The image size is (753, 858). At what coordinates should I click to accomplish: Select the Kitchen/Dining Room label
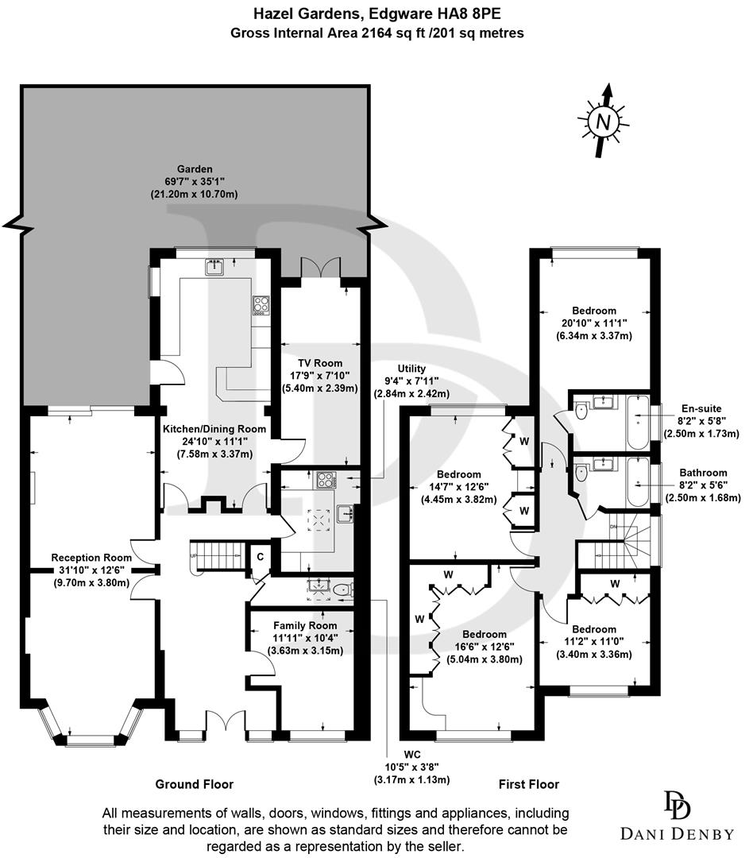point(214,429)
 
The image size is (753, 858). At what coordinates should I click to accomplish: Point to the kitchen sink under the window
point(214,268)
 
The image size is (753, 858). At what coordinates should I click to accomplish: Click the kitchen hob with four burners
point(261,305)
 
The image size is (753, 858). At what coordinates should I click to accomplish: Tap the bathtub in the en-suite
point(638,412)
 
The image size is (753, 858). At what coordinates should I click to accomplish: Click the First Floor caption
point(529,784)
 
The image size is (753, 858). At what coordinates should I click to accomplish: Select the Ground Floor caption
point(195,784)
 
